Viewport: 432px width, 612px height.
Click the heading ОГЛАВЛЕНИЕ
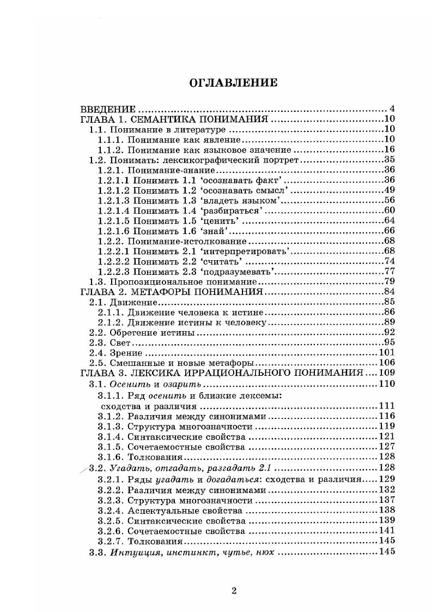coord(233,83)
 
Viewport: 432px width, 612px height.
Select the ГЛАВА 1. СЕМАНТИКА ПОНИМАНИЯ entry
coord(174,119)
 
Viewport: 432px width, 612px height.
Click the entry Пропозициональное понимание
coord(183,281)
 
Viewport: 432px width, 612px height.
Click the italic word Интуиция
coord(132,552)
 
